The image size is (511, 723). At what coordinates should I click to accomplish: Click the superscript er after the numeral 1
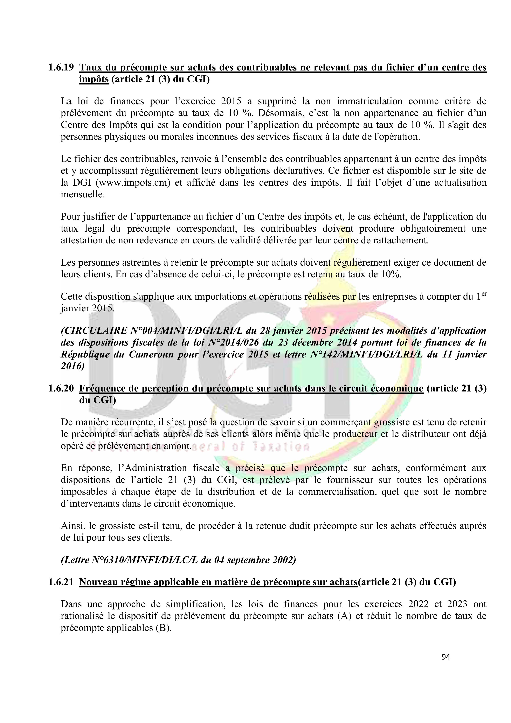484,294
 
